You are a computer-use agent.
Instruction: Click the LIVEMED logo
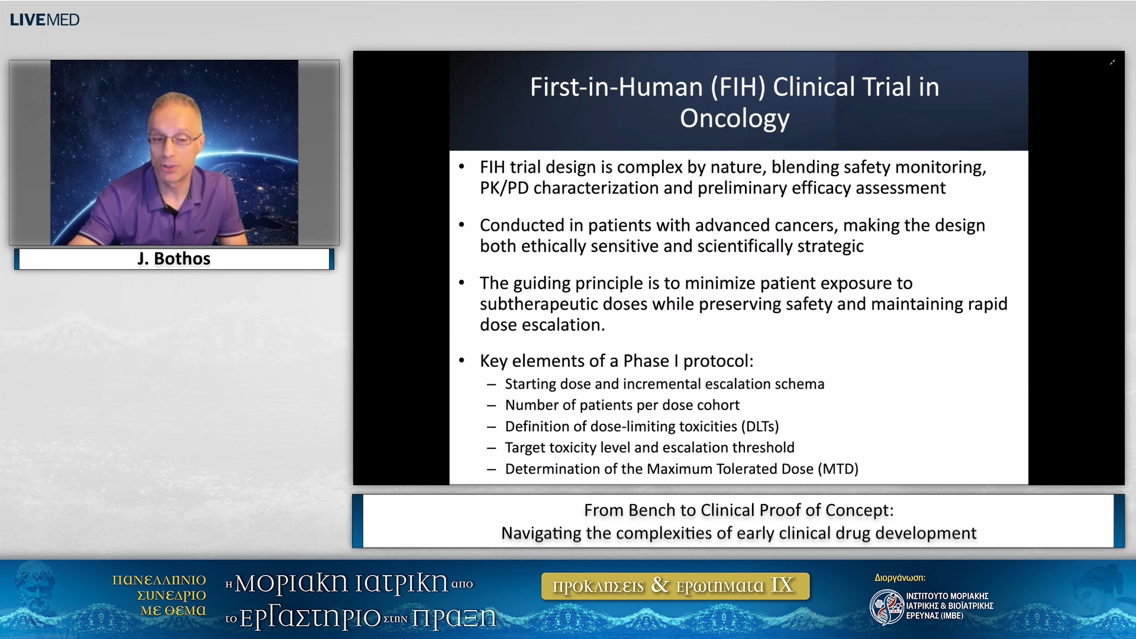point(44,20)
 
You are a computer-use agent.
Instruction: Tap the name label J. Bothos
point(174,259)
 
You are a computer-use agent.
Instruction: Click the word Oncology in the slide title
point(734,118)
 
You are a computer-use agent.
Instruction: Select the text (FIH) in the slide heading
point(738,87)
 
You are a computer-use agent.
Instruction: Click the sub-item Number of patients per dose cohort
point(622,405)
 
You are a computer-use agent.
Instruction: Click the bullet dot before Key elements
point(462,361)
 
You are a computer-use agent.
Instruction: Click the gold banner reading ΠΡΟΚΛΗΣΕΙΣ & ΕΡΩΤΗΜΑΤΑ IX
point(675,586)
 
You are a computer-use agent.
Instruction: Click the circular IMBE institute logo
point(886,607)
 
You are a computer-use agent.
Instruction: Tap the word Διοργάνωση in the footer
point(899,578)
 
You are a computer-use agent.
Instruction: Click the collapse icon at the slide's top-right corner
point(1112,62)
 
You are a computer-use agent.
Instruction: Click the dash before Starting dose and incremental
point(491,385)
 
